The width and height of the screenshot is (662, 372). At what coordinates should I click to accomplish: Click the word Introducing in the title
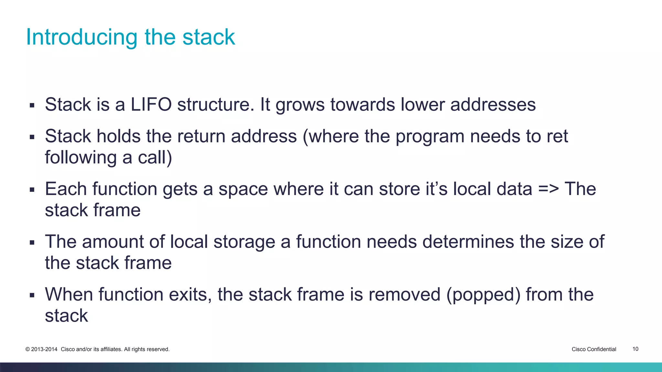82,37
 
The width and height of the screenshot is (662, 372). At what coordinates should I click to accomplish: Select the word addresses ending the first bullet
493,105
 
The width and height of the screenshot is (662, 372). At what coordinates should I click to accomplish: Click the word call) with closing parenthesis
155,158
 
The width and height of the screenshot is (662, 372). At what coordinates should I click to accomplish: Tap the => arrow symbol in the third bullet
548,189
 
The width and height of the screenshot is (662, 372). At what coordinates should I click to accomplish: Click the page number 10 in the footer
635,349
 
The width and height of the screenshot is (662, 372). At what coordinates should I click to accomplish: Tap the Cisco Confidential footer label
594,349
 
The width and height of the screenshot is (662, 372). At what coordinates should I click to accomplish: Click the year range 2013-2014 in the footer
44,349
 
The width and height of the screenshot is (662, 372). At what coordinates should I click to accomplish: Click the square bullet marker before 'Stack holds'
32,137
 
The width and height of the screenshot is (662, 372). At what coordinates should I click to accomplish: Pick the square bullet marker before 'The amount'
32,242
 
